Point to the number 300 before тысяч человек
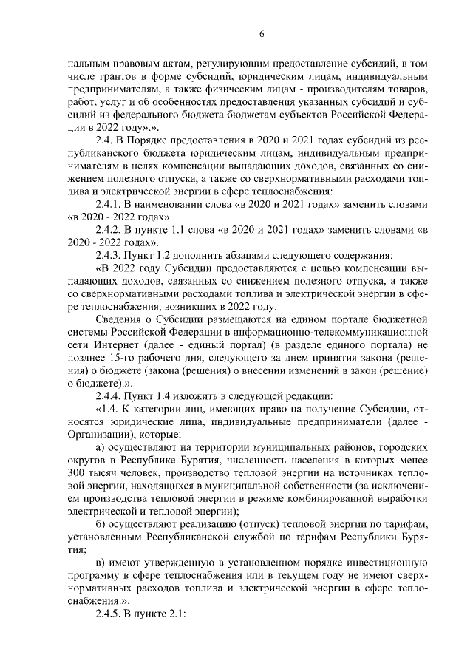[x=76, y=473]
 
